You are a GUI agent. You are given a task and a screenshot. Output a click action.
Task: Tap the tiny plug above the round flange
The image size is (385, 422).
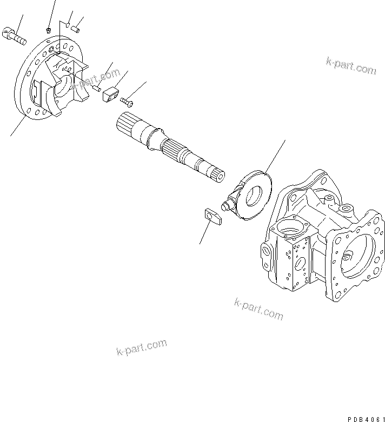49,29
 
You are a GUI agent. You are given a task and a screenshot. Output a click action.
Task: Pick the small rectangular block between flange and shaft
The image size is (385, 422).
110,97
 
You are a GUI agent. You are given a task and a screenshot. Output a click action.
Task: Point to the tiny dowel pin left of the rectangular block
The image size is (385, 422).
96,88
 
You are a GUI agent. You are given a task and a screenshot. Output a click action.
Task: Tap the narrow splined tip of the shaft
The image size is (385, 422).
218,176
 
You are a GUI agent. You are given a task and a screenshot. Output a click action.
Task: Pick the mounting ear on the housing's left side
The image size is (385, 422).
265,252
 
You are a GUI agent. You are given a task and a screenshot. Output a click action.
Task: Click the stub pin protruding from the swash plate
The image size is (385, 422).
227,204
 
